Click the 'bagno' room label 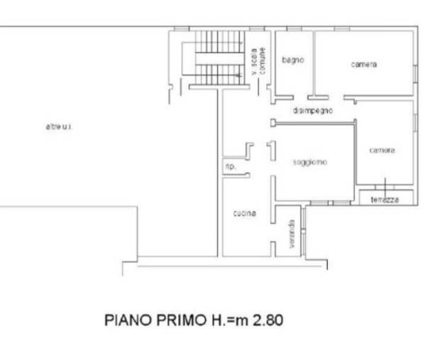click(292, 60)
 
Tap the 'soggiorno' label click(310, 162)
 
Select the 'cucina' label click(245, 213)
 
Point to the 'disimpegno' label click(313, 111)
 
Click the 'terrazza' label click(384, 200)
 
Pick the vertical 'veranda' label click(292, 235)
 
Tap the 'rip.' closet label click(230, 167)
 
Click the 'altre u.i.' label click(60, 127)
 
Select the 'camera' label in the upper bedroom click(364, 64)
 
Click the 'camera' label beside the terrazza click(382, 150)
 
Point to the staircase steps click(216, 57)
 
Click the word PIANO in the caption click(126, 320)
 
